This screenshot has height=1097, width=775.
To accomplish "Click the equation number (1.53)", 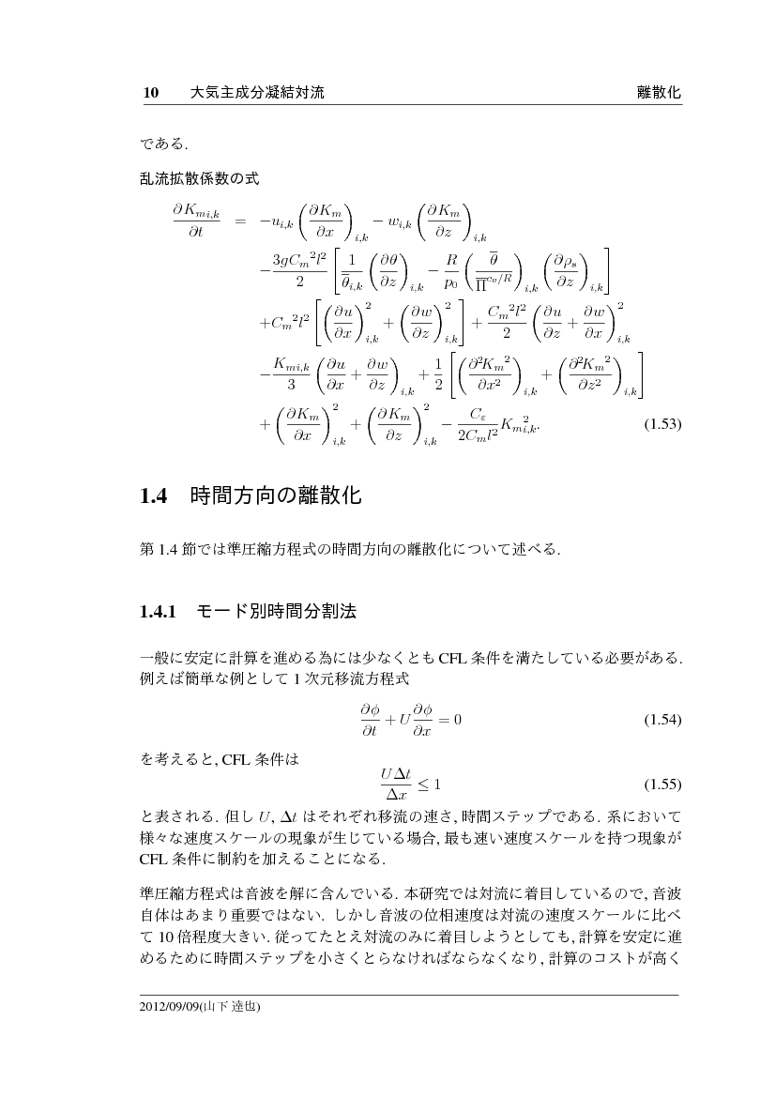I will [x=661, y=424].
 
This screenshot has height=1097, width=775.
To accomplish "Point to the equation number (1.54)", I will [x=661, y=720].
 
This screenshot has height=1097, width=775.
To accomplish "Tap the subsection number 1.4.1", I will [x=159, y=613].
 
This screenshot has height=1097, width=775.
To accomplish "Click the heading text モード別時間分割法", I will [x=276, y=613].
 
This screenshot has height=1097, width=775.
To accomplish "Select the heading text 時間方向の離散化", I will [x=275, y=496].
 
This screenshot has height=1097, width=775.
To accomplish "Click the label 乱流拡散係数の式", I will [x=199, y=177].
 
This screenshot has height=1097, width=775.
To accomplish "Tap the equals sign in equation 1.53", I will [x=240, y=221].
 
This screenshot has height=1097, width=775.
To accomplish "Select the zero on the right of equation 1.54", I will [x=458, y=720].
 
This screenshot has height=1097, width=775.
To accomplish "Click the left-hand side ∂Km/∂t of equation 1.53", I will [x=194, y=221].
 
